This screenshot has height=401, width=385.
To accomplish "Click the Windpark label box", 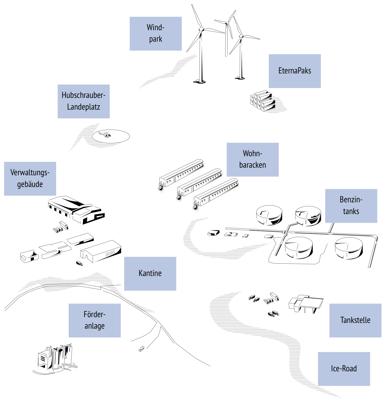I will click(155, 34).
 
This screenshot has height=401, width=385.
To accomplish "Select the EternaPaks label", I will click(294, 71).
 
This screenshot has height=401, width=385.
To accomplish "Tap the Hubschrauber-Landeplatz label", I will click(84, 101).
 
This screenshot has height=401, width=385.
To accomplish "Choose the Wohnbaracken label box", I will click(253, 159).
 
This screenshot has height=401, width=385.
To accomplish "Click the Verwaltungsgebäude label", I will click(30, 179).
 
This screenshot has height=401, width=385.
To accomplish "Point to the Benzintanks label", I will click(351, 206).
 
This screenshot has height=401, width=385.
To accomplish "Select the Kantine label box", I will click(150, 273).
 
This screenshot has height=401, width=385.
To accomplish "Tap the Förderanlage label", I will click(94, 320).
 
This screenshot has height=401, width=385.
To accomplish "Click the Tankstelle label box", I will click(355, 320).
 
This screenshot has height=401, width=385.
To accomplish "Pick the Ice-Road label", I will click(344, 369).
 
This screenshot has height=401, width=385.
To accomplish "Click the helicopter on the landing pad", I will click(105, 135).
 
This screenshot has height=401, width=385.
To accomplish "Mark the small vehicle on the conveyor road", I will click(142, 349).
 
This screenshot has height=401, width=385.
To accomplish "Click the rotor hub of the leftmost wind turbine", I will click(201, 29).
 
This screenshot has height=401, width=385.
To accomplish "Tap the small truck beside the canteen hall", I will click(79, 263).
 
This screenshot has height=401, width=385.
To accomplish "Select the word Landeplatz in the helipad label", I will click(84, 107).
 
